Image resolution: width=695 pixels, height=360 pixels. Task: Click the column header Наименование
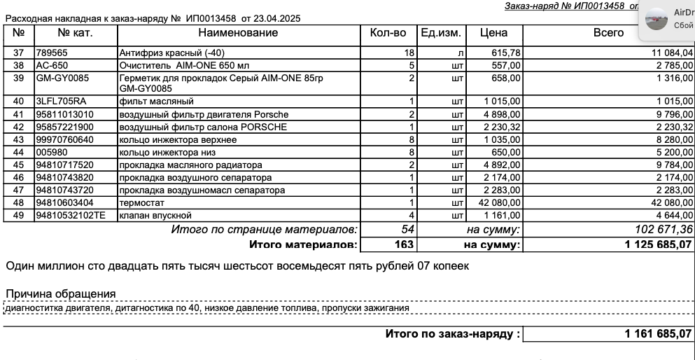coord(237,33)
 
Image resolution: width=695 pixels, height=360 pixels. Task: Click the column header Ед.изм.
coord(439,33)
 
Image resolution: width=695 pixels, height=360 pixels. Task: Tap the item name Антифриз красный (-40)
coord(173,53)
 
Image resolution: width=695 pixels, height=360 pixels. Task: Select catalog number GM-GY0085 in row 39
coord(62,77)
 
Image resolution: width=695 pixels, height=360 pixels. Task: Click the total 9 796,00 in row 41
coord(671,114)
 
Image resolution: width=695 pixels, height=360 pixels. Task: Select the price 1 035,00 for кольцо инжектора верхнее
coord(501,139)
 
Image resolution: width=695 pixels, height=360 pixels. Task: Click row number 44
coord(19,152)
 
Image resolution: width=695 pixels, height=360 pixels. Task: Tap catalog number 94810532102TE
coord(71,215)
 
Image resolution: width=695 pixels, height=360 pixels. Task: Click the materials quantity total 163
coord(405,244)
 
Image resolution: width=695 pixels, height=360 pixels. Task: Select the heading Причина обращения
coord(61,293)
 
